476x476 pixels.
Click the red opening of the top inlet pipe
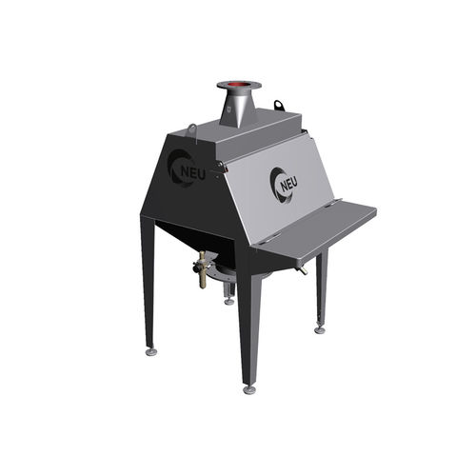(240, 85)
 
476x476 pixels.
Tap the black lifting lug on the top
(278, 105)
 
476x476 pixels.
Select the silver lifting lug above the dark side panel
(193, 130)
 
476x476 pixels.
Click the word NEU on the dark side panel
(193, 174)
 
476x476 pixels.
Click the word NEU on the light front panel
(288, 185)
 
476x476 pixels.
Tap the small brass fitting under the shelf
(302, 270)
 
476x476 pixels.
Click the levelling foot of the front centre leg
(249, 389)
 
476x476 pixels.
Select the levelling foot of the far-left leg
(151, 352)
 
